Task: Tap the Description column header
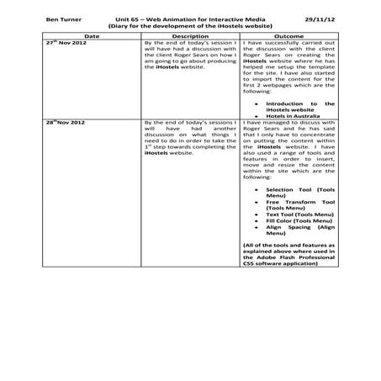(x=189, y=36)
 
